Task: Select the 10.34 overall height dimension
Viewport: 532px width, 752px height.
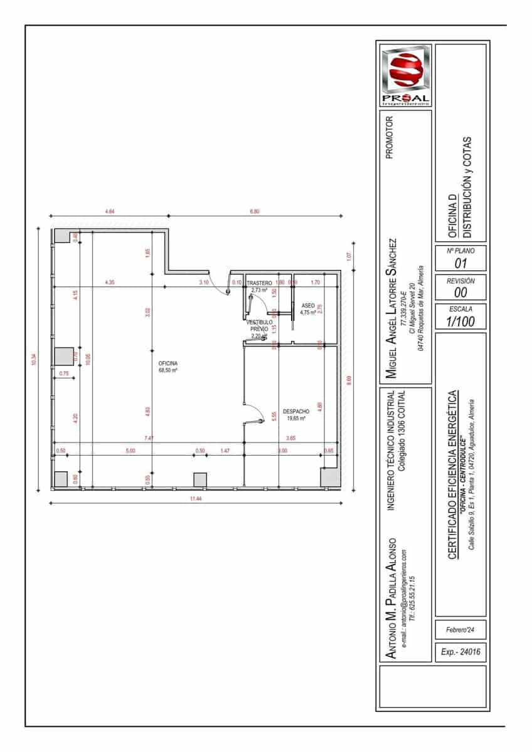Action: point(33,360)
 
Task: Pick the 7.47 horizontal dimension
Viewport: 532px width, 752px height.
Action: point(149,438)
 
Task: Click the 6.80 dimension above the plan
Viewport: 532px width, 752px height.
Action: point(255,211)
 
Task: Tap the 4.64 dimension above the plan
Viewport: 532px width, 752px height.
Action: point(110,211)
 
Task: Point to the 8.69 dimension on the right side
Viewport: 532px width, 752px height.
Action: point(349,380)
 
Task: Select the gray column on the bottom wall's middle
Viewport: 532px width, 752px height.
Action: point(200,479)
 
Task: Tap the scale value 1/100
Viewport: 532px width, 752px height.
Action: point(460,321)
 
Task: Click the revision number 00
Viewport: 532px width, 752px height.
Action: point(460,293)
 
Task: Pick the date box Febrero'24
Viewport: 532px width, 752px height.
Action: point(460,630)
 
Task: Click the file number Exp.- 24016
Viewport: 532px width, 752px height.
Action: point(460,652)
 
